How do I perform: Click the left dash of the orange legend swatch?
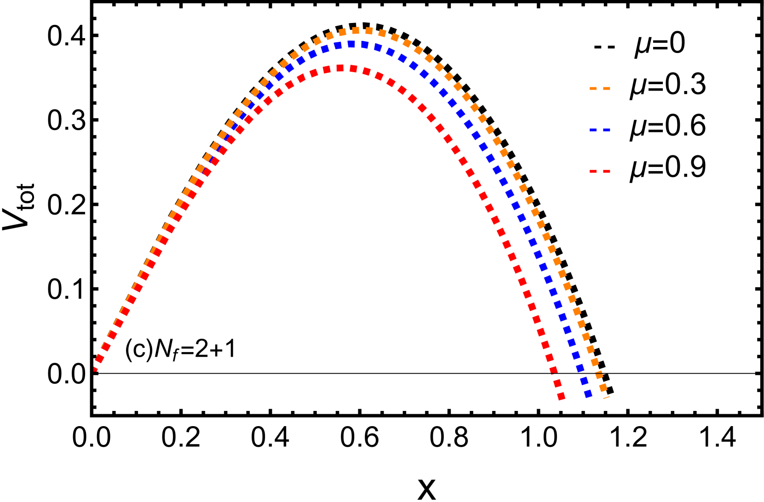click(593, 88)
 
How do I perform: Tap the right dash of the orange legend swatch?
click(607, 88)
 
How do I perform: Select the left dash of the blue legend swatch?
click(593, 130)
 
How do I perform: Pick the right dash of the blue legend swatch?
click(607, 130)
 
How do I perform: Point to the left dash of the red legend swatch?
click(593, 171)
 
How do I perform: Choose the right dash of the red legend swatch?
click(607, 171)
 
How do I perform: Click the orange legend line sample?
click(600, 88)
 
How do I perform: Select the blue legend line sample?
click(600, 130)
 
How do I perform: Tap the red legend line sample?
click(600, 171)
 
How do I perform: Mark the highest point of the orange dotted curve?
click(362, 30)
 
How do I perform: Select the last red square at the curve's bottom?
click(561, 396)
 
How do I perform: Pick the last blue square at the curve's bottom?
click(588, 394)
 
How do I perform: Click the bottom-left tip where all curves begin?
click(95, 369)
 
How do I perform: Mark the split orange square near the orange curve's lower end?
click(599, 375)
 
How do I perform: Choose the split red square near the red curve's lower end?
click(554, 371)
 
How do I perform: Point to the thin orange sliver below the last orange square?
click(607, 397)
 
